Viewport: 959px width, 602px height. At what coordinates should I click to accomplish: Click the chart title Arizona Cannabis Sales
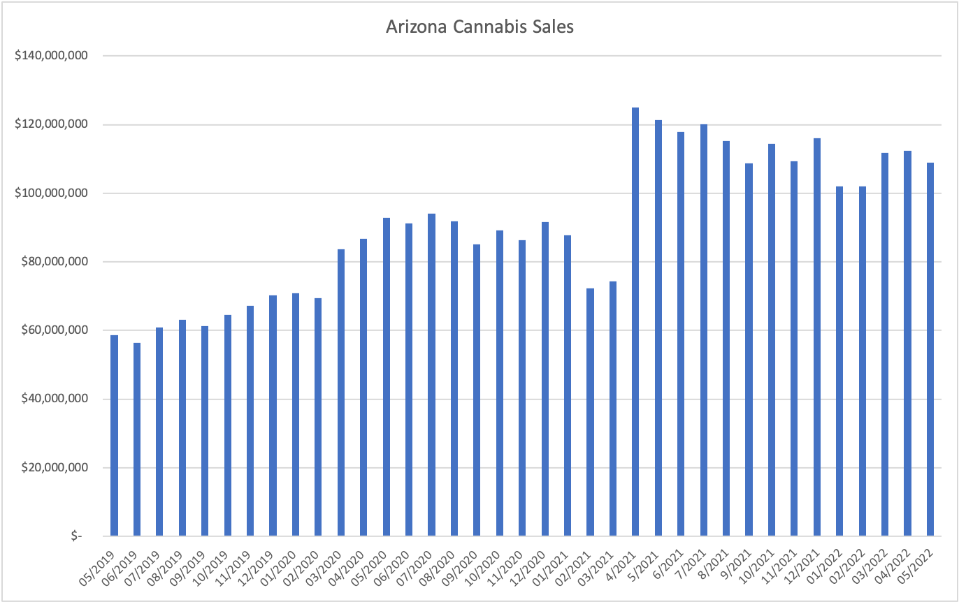[480, 27]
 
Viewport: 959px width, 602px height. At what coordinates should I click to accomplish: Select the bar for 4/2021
[635, 321]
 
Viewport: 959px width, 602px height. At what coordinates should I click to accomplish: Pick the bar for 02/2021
[590, 412]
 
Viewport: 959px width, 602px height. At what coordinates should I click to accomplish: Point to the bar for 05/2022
[930, 349]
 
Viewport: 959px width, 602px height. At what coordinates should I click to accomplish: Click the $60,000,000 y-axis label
[53, 330]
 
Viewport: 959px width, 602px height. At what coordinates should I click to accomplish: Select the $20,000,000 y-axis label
[53, 468]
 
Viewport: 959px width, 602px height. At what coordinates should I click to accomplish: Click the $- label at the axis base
[75, 536]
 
